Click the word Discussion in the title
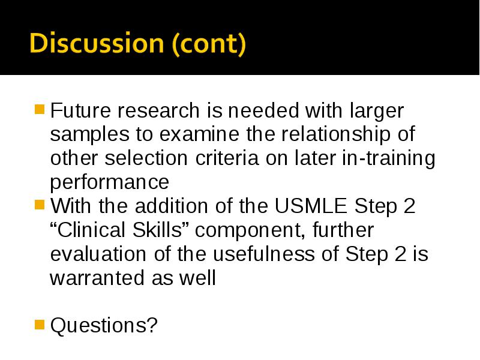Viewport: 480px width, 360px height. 97,43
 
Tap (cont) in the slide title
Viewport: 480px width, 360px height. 209,44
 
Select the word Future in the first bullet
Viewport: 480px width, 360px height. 80,110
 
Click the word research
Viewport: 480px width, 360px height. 158,110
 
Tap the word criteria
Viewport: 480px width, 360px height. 227,158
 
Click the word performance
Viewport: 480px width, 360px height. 110,183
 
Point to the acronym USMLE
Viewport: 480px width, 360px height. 310,206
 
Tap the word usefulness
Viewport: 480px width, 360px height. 263,254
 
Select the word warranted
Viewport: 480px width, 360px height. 97,278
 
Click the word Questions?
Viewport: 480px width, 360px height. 104,325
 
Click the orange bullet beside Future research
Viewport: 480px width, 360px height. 40,109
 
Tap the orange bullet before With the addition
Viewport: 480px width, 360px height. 40,205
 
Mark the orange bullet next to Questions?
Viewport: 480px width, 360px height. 40,325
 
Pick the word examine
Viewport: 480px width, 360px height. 199,134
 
